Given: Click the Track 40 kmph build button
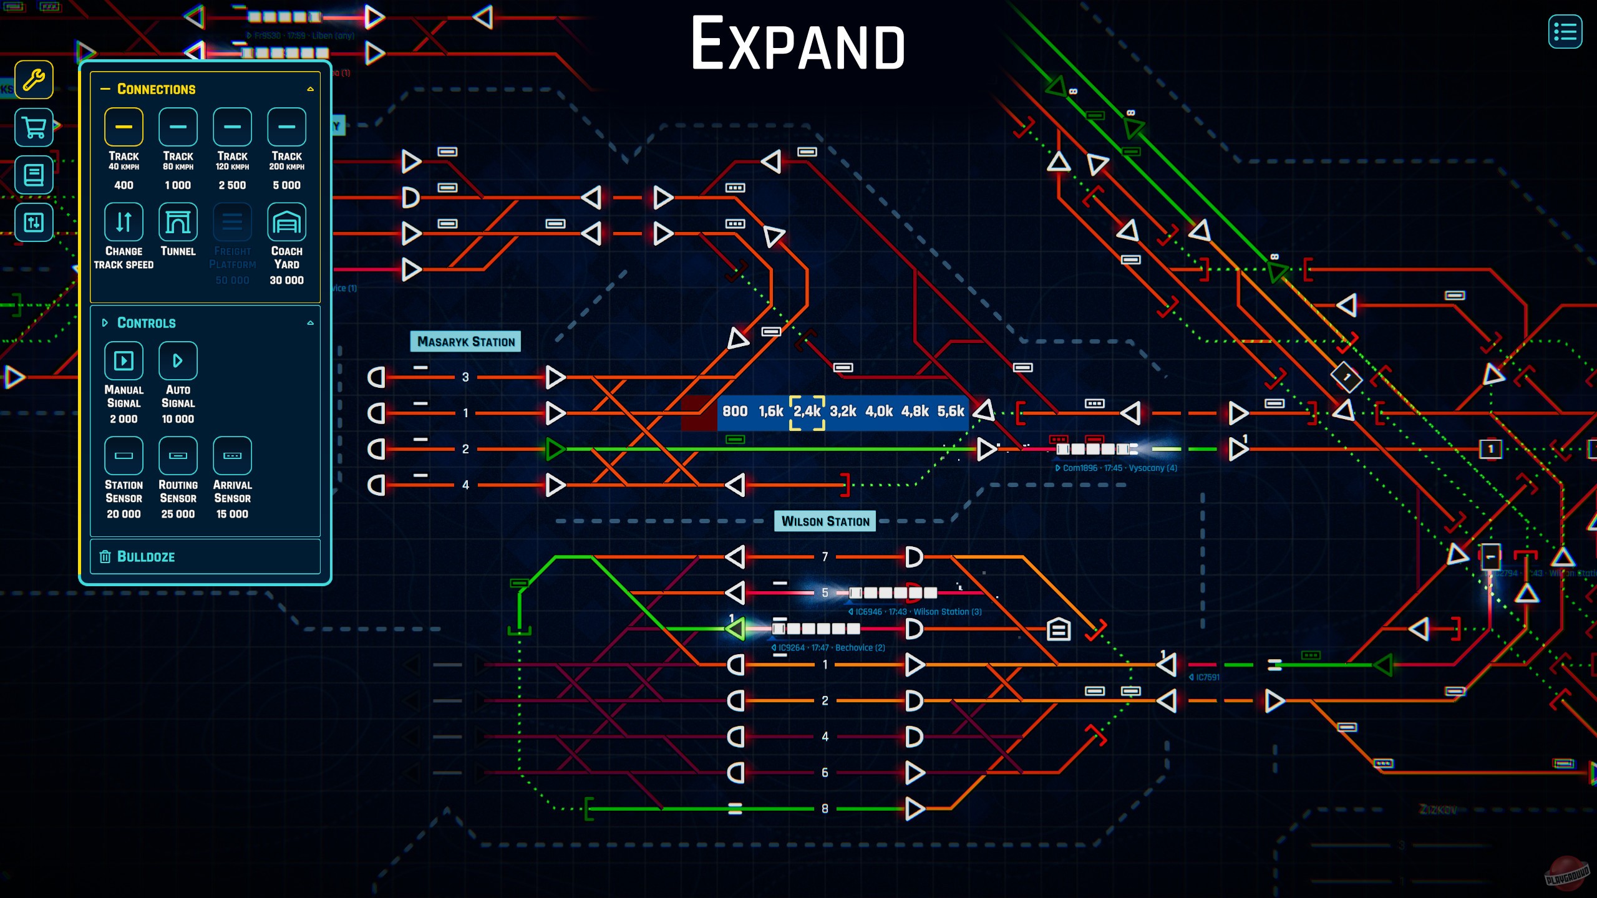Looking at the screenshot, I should coord(124,127).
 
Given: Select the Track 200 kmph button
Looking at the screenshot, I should coord(286,127).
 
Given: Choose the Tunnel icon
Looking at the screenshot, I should coord(178,222).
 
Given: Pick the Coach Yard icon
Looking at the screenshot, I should coord(286,222).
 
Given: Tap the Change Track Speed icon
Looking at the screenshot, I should coord(124,222).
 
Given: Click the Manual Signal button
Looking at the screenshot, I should coord(124,361).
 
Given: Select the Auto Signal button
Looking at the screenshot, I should coord(178,361).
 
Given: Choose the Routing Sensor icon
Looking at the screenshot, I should coord(178,456).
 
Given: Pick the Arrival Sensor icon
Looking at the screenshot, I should coord(232,456).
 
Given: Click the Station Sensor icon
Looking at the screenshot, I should coord(124,456).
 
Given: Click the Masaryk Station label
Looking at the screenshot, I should coord(465,342).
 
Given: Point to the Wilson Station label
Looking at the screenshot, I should coord(825,521).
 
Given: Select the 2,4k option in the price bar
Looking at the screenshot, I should coord(807,412).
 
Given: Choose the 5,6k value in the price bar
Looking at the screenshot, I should coord(950,412).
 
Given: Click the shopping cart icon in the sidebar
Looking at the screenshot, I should coord(34,128).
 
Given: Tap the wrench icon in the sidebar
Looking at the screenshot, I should coord(34,80).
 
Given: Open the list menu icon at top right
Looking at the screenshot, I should coord(1565,32).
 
